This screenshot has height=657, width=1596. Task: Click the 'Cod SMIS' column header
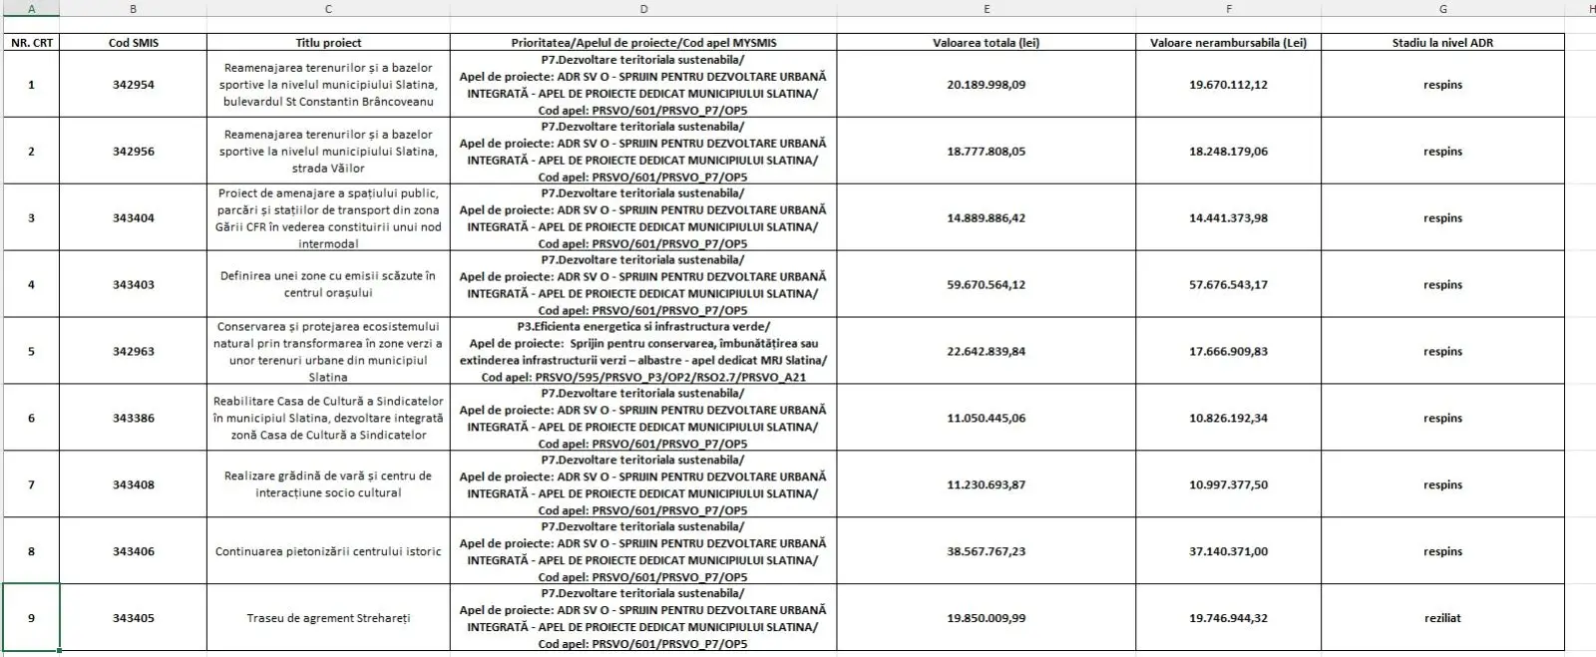tap(133, 43)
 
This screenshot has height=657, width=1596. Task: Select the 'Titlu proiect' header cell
tap(328, 43)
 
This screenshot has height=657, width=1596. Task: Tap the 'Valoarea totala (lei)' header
tap(986, 43)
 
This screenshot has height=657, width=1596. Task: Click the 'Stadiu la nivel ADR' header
tap(1442, 43)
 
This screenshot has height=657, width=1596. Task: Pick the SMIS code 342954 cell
tap(133, 85)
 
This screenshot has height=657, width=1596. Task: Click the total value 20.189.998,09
tap(986, 85)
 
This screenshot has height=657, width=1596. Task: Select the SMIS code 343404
tap(133, 218)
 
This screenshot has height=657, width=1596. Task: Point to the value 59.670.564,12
tap(986, 285)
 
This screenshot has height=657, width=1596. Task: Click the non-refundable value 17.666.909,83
tap(1228, 352)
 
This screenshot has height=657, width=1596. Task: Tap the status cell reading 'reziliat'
tap(1442, 618)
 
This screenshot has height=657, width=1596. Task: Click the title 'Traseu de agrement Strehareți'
tap(328, 618)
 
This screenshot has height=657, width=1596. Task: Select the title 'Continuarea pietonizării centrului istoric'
tap(328, 551)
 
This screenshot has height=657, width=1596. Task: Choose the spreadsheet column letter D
tap(643, 9)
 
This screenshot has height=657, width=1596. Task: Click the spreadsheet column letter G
tap(1442, 9)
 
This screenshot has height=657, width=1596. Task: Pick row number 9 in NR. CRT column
tap(31, 618)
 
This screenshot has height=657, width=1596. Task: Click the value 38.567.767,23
tap(986, 551)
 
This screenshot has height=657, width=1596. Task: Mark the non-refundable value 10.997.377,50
tap(1228, 486)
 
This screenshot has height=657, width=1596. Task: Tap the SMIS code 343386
tap(133, 419)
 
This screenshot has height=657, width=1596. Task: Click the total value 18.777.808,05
tap(986, 152)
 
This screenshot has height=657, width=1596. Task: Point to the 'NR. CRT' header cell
tap(31, 43)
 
